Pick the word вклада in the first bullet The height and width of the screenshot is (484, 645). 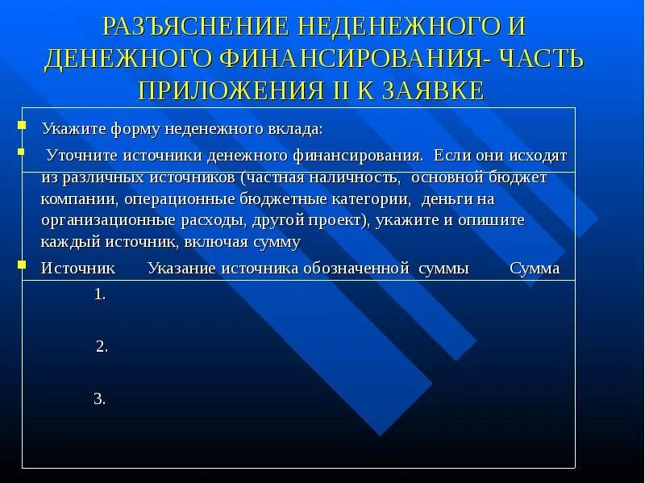click(x=298, y=129)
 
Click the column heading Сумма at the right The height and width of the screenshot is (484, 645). click(x=535, y=269)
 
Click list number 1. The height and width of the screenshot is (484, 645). click(x=100, y=295)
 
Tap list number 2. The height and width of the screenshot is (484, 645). click(x=102, y=347)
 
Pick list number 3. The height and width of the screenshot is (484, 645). click(x=100, y=398)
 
